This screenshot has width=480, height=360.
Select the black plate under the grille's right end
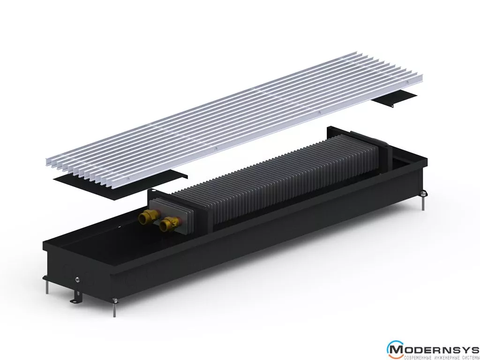394,98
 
